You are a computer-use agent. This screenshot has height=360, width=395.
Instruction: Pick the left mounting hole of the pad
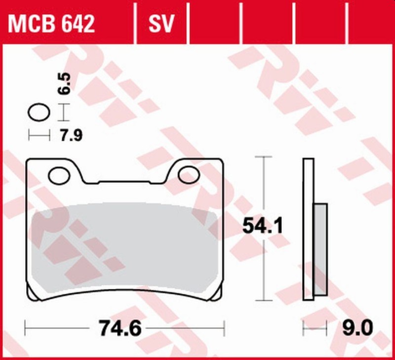pos(60,174)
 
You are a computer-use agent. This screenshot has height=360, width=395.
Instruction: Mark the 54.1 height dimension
pos(262,227)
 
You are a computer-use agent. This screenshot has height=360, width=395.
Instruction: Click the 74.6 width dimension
pos(124,327)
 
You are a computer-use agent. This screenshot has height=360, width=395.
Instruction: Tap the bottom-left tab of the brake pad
pos(33,294)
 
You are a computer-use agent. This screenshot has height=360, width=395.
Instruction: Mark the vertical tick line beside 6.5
pos(62,113)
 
